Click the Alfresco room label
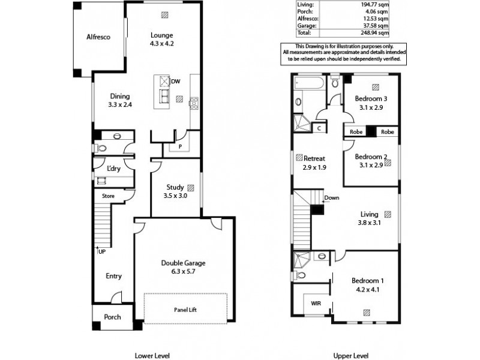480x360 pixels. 100,37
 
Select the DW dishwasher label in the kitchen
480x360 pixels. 175,81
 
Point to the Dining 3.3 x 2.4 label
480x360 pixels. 120,100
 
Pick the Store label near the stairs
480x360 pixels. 109,196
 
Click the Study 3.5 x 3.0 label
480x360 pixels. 175,191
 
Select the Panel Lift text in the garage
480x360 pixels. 185,310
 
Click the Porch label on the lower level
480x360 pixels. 113,317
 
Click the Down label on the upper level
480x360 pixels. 331,198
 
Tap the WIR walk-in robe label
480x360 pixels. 316,304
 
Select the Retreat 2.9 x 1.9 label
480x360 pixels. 314,163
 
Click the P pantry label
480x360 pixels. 179,146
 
